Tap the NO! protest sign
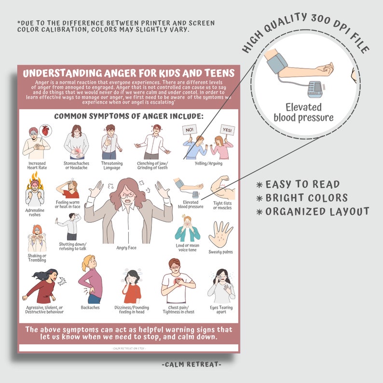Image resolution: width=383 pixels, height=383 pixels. (x=190, y=130)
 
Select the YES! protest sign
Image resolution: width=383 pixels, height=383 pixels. (x=227, y=130)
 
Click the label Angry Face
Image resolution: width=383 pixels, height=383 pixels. (x=126, y=248)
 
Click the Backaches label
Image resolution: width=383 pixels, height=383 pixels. (x=91, y=307)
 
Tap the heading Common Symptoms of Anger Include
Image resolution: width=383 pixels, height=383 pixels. (x=129, y=116)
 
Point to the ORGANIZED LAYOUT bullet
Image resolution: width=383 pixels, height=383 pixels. (x=313, y=211)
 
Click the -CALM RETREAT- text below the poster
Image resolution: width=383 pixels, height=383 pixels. (x=192, y=364)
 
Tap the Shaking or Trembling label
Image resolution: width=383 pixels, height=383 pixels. (x=37, y=258)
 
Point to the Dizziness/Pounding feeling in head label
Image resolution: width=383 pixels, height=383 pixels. (x=132, y=310)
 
